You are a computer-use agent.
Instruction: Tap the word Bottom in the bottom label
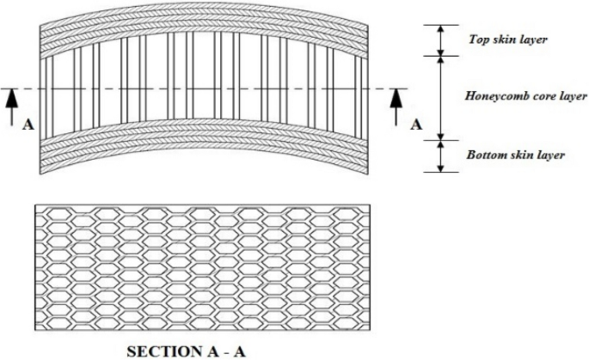coord(486,156)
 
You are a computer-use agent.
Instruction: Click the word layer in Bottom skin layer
coord(553,156)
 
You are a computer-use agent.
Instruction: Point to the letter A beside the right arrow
coord(416,124)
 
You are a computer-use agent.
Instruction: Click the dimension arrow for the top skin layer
coord(440,40)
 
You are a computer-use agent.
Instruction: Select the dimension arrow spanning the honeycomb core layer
coord(440,96)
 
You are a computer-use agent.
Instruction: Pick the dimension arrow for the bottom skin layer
coord(440,156)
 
